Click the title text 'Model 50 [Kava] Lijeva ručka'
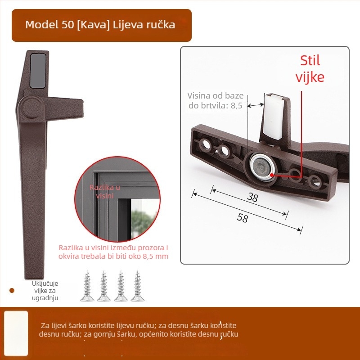100,25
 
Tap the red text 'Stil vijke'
310,69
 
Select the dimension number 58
242,218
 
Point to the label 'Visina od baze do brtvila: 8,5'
215,100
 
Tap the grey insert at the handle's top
37,70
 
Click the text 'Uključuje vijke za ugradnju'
45,291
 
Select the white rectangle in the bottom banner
16,333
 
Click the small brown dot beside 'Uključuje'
12,291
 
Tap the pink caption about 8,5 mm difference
113,252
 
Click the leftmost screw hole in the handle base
207,144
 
